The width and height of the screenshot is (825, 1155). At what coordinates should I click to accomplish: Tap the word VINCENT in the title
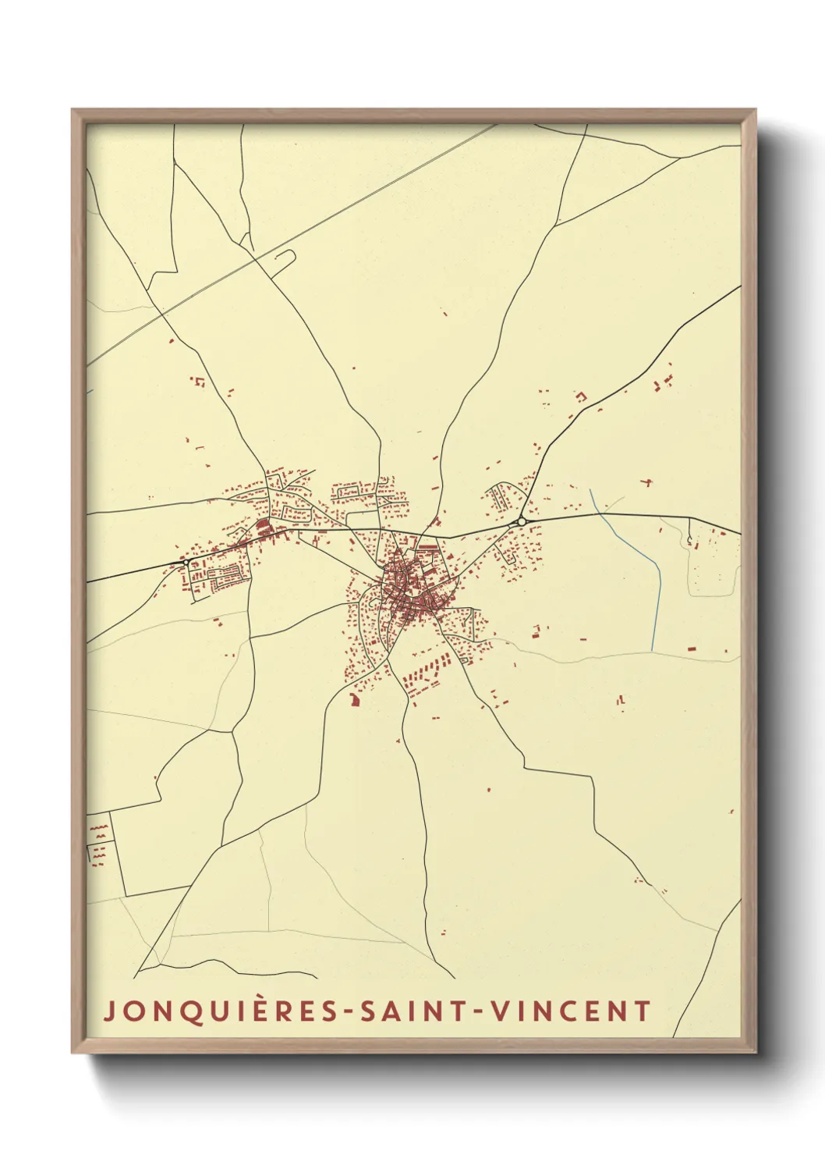569,1011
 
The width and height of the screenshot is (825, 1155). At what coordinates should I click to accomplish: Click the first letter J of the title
109,1011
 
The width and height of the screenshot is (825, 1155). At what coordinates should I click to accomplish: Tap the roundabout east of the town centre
522,521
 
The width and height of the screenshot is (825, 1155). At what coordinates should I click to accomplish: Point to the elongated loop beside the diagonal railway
282,259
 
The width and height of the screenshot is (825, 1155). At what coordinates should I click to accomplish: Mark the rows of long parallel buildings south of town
425,673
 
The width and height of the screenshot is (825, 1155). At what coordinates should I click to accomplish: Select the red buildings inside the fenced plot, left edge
98,843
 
